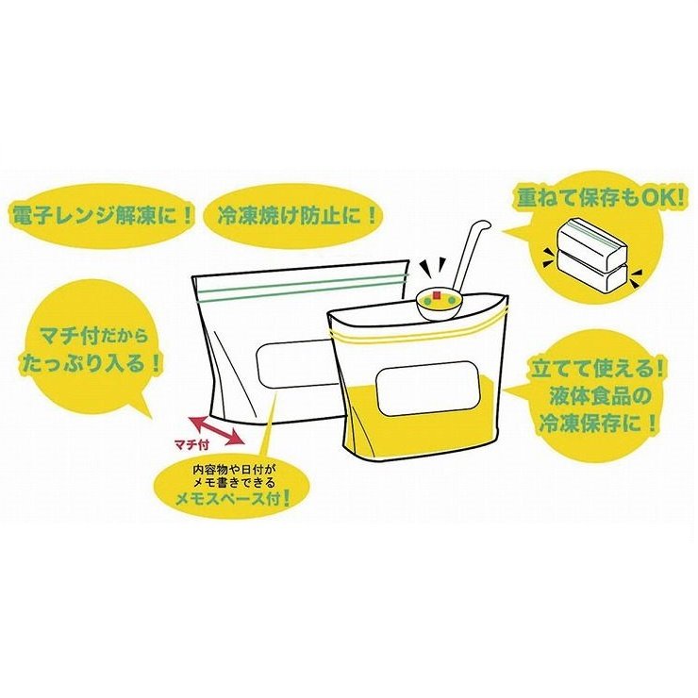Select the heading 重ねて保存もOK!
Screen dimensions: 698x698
point(600,198)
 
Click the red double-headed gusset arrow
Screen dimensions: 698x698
point(216,430)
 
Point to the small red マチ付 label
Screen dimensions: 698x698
point(191,445)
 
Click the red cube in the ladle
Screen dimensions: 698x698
point(437,295)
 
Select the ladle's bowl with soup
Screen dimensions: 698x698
point(439,305)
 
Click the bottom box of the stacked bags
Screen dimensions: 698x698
point(592,276)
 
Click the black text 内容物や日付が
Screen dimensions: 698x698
point(232,470)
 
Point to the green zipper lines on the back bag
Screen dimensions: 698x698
point(303,285)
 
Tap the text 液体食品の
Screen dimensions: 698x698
point(600,395)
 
